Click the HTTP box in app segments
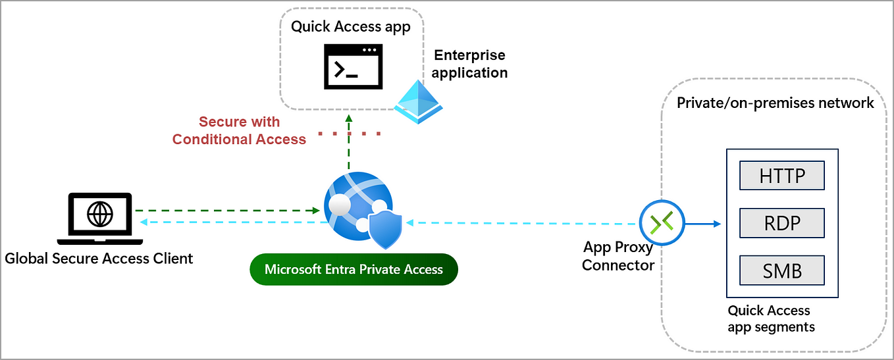(782, 176)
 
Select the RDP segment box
(782, 222)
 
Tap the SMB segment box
(782, 270)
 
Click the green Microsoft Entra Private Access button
(354, 269)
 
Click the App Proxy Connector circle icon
(662, 223)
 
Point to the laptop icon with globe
(100, 217)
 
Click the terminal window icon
(352, 66)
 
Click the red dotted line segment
(349, 134)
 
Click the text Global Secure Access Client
(99, 259)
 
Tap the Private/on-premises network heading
(776, 103)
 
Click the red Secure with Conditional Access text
(240, 130)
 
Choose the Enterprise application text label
(470, 64)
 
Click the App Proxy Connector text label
(618, 256)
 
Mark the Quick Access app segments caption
(771, 319)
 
